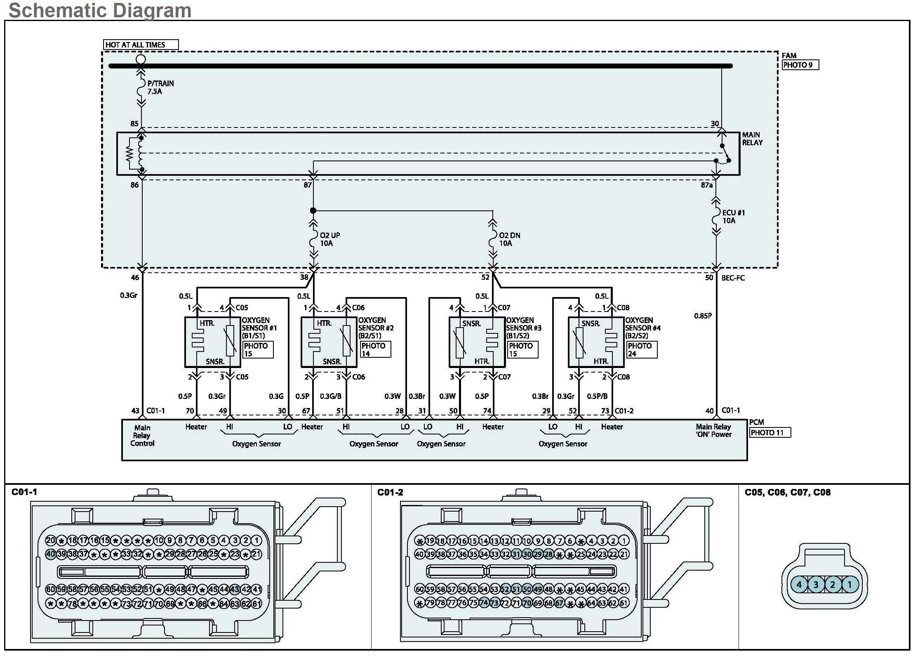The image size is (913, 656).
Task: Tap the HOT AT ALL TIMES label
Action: tap(136, 45)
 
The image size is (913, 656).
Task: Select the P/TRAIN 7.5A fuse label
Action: tap(160, 87)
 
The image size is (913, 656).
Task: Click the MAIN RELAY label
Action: tap(752, 139)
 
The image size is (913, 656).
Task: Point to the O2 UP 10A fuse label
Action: tap(329, 239)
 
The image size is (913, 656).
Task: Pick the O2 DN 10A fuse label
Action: tap(509, 239)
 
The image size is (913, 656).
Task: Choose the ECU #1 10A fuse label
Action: tap(733, 217)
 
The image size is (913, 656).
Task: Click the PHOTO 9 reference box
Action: tap(800, 65)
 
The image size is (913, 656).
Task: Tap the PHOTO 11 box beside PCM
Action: tap(769, 432)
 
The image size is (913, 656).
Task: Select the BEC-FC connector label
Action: tap(733, 278)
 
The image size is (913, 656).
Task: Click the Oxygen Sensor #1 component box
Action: tap(212, 342)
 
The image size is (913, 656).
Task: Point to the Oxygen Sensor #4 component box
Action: tap(596, 342)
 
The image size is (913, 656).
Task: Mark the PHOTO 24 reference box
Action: tap(641, 349)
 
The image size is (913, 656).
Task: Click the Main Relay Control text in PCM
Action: tap(142, 435)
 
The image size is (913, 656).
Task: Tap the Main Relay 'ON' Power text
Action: tap(713, 430)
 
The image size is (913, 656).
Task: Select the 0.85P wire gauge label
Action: tap(703, 316)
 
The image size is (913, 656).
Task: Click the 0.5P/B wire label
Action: tap(597, 396)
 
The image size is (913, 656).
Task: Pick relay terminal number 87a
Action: tap(706, 185)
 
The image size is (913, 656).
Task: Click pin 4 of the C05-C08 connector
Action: tap(799, 584)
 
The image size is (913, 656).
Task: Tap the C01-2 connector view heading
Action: tap(390, 492)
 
